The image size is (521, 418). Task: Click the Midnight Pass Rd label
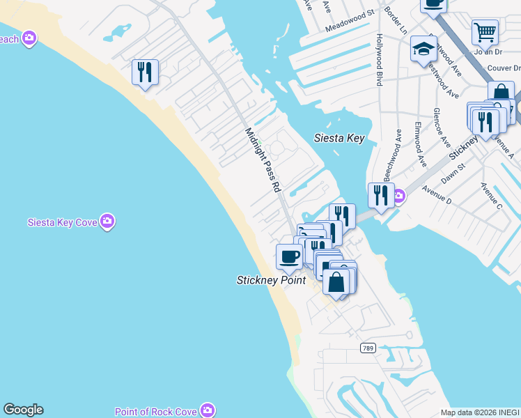click(x=262, y=160)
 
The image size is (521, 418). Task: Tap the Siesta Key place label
click(x=339, y=138)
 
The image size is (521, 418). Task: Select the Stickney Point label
click(x=271, y=280)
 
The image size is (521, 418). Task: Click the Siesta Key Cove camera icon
click(x=107, y=222)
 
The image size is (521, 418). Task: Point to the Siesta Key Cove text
click(x=61, y=223)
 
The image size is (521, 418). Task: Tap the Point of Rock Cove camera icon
click(x=207, y=410)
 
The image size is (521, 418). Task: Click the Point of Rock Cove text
click(x=156, y=412)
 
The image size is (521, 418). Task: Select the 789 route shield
click(x=368, y=347)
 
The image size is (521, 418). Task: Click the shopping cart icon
click(x=485, y=31)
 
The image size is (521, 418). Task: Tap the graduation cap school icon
click(x=423, y=49)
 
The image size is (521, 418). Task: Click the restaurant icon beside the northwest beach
click(x=145, y=72)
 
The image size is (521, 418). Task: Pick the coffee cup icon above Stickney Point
click(x=289, y=256)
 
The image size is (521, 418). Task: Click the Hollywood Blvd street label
click(x=380, y=60)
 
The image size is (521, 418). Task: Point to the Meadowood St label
click(x=350, y=30)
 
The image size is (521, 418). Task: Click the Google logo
click(x=23, y=410)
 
